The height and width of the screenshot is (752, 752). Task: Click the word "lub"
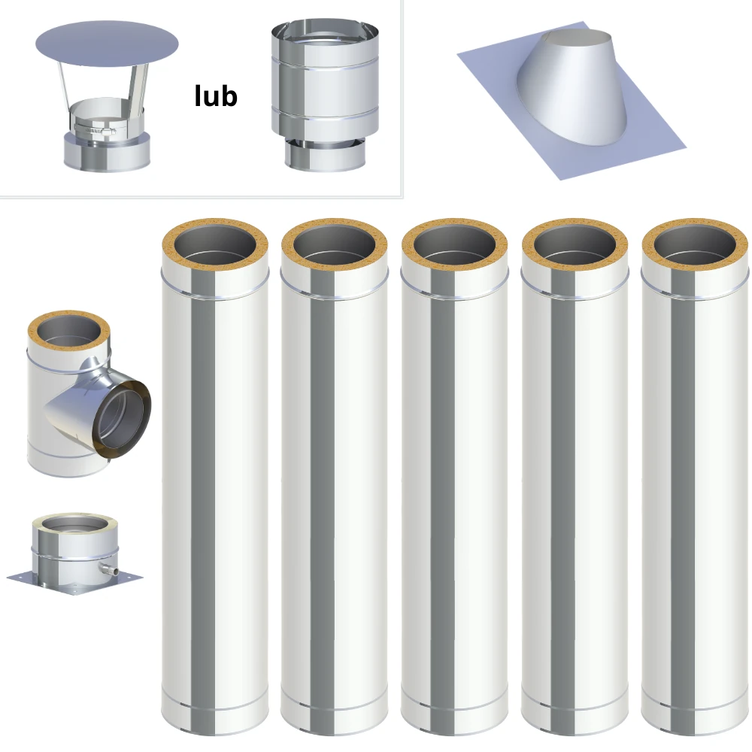coord(216,96)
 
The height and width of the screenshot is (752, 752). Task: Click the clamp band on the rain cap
coord(95,129)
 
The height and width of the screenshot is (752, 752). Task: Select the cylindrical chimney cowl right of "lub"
coord(325,96)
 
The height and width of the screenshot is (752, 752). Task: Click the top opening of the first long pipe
coord(214,244)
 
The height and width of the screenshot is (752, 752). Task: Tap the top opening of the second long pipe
coord(335,244)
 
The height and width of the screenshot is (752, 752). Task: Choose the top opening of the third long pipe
coord(455,244)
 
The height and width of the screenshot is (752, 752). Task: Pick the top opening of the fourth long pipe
coord(575,244)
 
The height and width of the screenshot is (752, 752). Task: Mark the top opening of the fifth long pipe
coord(695,244)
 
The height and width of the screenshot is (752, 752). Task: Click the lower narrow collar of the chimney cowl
coord(325,155)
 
